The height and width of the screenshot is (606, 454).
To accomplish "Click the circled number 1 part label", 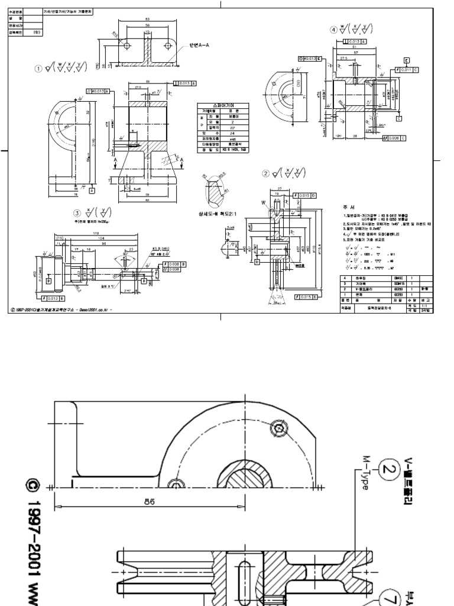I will pyautogui.click(x=39, y=69).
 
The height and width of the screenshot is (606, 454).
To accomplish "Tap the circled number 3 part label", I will pyautogui.click(x=76, y=214).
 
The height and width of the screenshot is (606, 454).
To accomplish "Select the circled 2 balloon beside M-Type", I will pyautogui.click(x=387, y=470).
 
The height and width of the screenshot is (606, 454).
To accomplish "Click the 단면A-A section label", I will pyautogui.click(x=200, y=44).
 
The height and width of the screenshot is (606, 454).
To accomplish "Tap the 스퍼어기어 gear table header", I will pyautogui.click(x=217, y=105).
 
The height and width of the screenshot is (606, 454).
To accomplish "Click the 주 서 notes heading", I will pyautogui.click(x=348, y=208).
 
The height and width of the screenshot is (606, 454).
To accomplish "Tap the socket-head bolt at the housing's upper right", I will pyautogui.click(x=278, y=427).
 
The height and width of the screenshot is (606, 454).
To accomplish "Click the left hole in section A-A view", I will pyautogui.click(x=127, y=44).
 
